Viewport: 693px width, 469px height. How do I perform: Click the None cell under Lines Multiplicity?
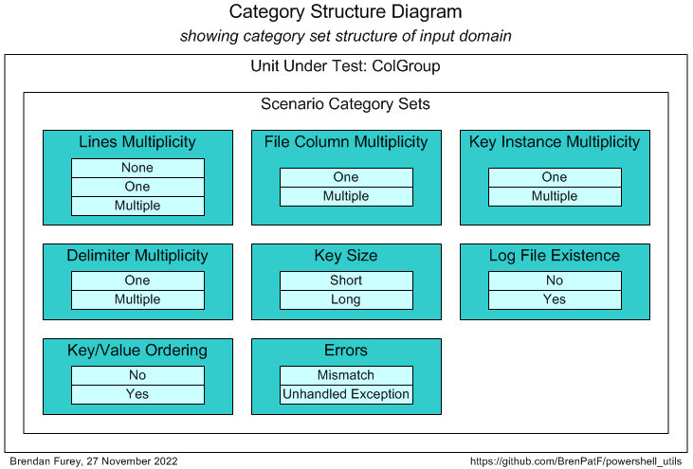coord(137,168)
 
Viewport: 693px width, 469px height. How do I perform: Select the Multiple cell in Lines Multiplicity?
coord(137,206)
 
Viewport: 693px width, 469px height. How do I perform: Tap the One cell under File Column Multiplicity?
coord(346,177)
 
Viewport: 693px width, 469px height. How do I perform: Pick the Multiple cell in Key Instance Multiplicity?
coord(555,196)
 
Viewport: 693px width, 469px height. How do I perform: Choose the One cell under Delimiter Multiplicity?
coord(137,280)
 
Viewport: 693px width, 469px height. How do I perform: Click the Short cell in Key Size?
coord(346,280)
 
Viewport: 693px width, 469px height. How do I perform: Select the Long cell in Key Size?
coord(346,299)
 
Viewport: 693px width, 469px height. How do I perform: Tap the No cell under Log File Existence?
coord(555,280)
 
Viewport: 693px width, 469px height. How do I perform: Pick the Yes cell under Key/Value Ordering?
coord(137,394)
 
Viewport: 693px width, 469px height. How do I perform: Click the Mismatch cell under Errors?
coord(346,375)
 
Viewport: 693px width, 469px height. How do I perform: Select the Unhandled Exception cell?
coord(346,394)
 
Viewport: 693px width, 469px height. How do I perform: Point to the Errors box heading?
coord(346,351)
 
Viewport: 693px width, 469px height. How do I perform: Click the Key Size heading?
coord(346,256)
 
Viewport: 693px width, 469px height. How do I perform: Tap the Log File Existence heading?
coord(555,256)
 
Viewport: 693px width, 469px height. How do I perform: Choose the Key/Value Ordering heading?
coord(137,351)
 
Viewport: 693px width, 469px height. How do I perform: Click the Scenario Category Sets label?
coord(345,104)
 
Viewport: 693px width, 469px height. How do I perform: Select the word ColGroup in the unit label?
coord(406,66)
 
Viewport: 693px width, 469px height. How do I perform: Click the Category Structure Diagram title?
coord(346,12)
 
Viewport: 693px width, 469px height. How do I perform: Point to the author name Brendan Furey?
coord(46,461)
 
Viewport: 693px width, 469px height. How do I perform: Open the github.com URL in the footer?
coord(576,461)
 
